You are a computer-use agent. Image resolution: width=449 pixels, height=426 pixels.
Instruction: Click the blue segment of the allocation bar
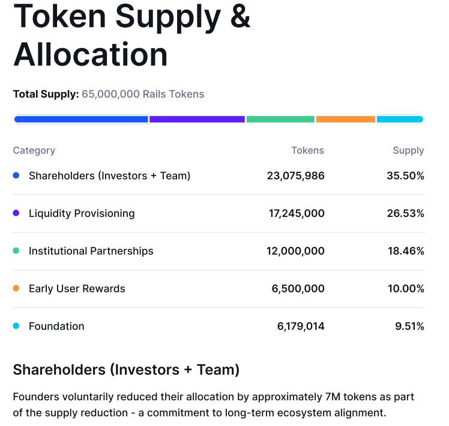(81, 119)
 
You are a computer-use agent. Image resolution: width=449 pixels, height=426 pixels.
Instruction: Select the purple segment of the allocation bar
(197, 119)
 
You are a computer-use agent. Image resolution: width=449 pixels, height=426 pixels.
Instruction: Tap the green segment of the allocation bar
(280, 119)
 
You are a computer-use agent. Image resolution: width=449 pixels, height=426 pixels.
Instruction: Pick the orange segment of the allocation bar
(345, 119)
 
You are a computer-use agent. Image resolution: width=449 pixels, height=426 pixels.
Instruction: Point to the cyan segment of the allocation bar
(400, 119)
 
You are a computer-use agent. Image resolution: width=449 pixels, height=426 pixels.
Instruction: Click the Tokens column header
(307, 150)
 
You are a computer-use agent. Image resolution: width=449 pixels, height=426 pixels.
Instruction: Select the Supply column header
(408, 150)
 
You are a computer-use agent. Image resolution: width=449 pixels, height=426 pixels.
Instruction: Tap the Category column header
(34, 150)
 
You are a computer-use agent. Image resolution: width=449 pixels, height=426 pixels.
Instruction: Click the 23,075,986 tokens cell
(295, 175)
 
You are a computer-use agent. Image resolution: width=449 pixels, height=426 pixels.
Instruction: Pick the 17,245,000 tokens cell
(295, 213)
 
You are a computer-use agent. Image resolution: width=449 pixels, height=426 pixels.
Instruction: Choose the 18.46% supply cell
(406, 251)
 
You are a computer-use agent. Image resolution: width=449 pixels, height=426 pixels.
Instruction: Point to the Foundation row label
(56, 326)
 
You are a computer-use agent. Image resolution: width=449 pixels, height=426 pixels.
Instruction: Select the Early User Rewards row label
(77, 288)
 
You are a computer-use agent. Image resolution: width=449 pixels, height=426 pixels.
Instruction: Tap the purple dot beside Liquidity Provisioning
(16, 213)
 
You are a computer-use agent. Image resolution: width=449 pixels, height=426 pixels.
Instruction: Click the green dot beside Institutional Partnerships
(16, 251)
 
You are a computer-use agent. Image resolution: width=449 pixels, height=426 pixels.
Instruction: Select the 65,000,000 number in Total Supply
(111, 94)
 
